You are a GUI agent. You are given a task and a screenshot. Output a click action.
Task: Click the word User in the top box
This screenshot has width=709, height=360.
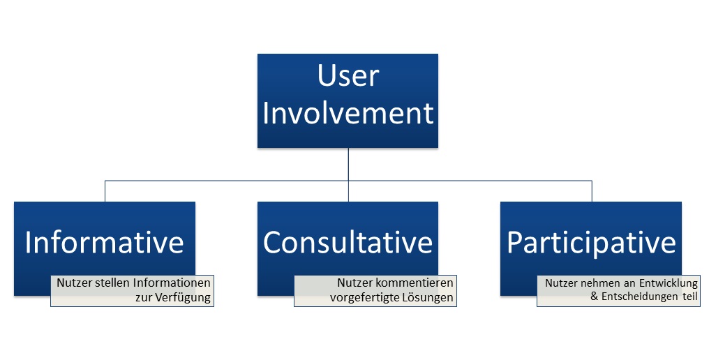click(x=348, y=75)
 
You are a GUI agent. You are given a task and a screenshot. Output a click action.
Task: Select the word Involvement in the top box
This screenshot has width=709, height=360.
click(x=348, y=112)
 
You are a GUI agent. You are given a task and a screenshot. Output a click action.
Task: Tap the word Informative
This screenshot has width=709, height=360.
click(x=105, y=242)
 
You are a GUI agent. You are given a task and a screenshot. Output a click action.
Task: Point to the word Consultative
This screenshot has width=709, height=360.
click(x=348, y=242)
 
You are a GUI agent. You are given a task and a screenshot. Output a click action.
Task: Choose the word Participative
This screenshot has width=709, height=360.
click(x=592, y=243)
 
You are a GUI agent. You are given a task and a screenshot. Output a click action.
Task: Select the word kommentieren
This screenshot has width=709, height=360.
click(x=415, y=283)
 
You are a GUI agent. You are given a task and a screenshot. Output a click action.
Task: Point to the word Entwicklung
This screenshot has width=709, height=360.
click(x=669, y=283)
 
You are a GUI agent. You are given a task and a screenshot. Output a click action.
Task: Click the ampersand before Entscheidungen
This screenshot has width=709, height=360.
click(x=595, y=297)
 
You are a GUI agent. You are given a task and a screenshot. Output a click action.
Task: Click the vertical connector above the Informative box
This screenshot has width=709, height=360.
click(x=105, y=191)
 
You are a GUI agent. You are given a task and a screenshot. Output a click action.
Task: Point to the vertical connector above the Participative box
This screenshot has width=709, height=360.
click(x=592, y=191)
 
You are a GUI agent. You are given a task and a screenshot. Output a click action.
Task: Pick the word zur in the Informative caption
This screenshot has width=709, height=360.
click(x=144, y=298)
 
